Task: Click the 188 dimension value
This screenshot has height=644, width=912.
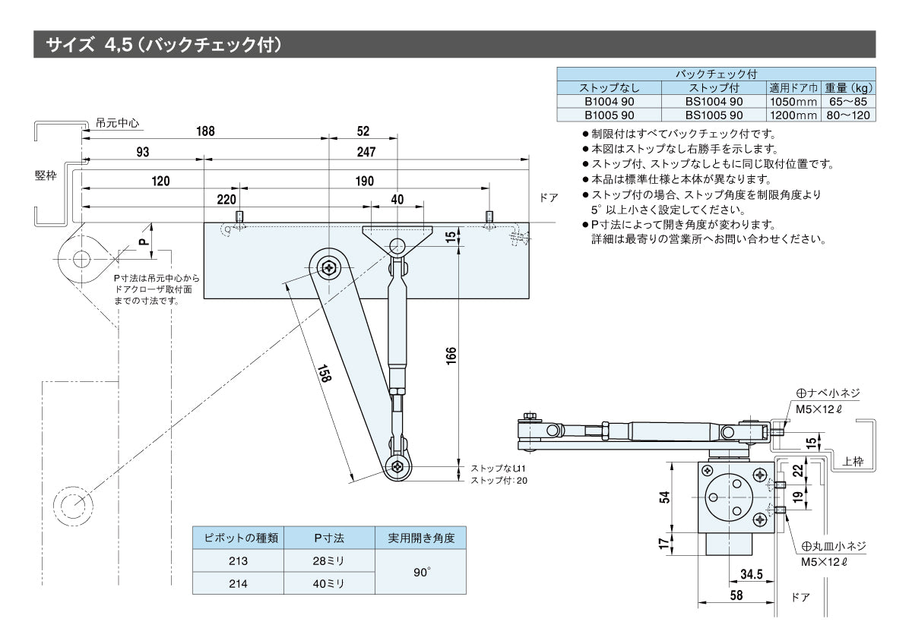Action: pyautogui.click(x=205, y=131)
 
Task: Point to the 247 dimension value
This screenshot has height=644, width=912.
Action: pyautogui.click(x=366, y=153)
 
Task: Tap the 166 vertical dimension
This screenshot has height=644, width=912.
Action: pyautogui.click(x=450, y=355)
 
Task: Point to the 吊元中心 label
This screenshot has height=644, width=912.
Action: pyautogui.click(x=119, y=122)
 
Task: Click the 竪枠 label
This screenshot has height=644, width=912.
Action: pyautogui.click(x=46, y=175)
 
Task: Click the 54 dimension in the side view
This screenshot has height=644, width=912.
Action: pyautogui.click(x=664, y=497)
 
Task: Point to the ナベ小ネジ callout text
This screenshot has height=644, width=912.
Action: pyautogui.click(x=828, y=393)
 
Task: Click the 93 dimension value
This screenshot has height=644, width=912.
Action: pyautogui.click(x=142, y=153)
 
